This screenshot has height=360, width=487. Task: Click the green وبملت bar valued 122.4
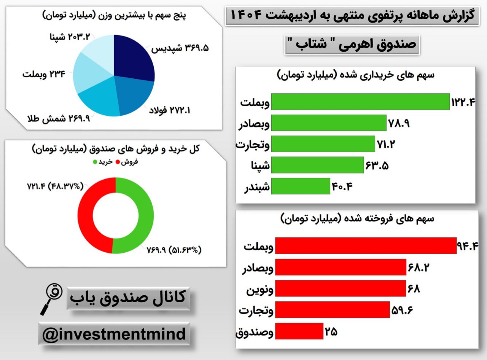click(x=360, y=102)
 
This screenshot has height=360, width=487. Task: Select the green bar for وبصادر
click(x=329, y=123)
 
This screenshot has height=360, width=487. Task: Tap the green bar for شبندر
click(x=301, y=186)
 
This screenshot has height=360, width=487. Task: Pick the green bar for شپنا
click(x=317, y=165)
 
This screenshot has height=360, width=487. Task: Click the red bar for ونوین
click(x=341, y=288)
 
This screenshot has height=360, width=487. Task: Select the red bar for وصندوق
click(x=299, y=331)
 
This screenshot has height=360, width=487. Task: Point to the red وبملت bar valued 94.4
click(x=366, y=245)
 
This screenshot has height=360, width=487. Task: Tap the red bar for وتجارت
click(x=333, y=310)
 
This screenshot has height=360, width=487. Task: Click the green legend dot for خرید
click(x=95, y=162)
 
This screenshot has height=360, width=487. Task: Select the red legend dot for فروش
click(x=118, y=162)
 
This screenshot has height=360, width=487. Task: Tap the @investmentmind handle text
click(x=114, y=334)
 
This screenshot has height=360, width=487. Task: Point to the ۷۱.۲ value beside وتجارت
click(x=386, y=144)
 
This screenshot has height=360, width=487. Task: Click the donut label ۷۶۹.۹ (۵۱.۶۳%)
click(x=174, y=250)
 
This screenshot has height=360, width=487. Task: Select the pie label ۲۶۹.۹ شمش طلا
click(x=59, y=119)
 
